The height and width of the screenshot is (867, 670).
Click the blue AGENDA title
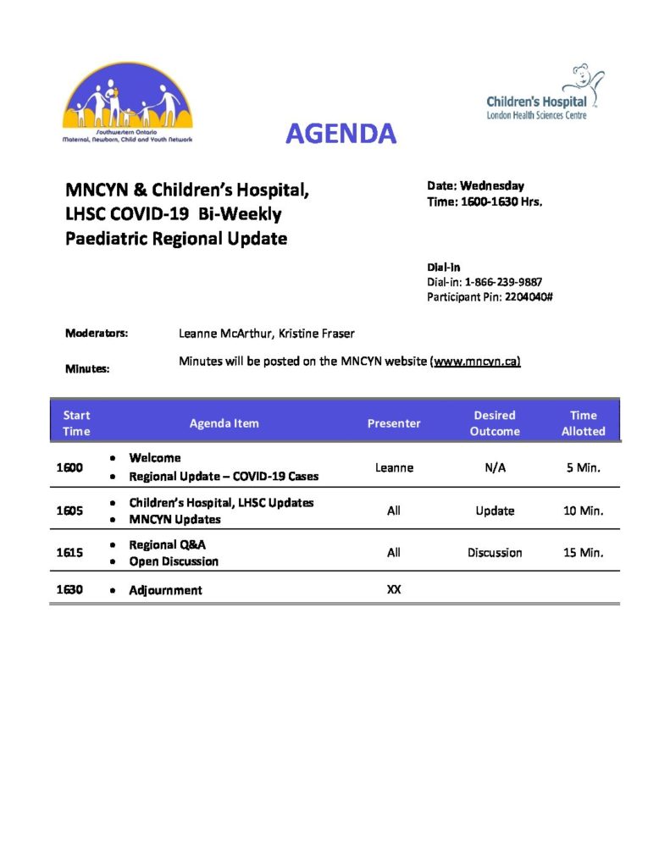coord(341,133)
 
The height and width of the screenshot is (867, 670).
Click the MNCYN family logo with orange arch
coord(127,104)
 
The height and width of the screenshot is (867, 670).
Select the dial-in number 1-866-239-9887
coord(504,282)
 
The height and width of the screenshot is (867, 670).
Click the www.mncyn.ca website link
coord(477,362)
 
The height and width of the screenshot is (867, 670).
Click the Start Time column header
coord(75,422)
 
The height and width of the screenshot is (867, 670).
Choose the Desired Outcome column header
coord(495,422)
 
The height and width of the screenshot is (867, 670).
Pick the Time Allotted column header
coord(584,422)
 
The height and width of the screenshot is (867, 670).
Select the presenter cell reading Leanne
coord(394,467)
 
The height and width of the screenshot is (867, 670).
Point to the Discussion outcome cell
coord(495,552)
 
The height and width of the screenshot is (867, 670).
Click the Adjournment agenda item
coord(165,590)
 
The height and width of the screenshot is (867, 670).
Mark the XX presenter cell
coord(394,589)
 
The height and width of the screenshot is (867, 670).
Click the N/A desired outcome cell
coord(496,467)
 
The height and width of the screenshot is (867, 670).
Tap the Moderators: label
coord(97,334)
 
